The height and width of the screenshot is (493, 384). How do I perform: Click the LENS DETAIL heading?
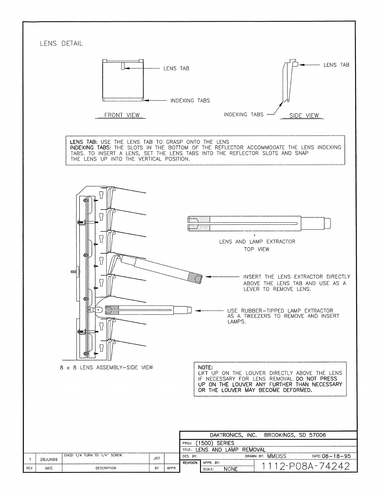61,44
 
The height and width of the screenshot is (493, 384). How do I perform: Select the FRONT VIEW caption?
122,115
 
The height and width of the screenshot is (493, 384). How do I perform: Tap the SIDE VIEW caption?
304,115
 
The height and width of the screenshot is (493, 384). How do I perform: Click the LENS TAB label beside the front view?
176,69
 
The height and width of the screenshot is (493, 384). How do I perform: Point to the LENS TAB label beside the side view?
337,65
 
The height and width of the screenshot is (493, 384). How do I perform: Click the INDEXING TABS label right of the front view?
190,101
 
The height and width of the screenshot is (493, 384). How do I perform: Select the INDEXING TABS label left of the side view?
244,115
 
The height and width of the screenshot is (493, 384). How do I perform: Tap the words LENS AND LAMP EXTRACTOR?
257,242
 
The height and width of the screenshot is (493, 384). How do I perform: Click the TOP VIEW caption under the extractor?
257,249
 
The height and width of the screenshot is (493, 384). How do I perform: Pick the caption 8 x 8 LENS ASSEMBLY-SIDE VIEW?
106,368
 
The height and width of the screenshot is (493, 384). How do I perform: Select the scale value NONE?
230,469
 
